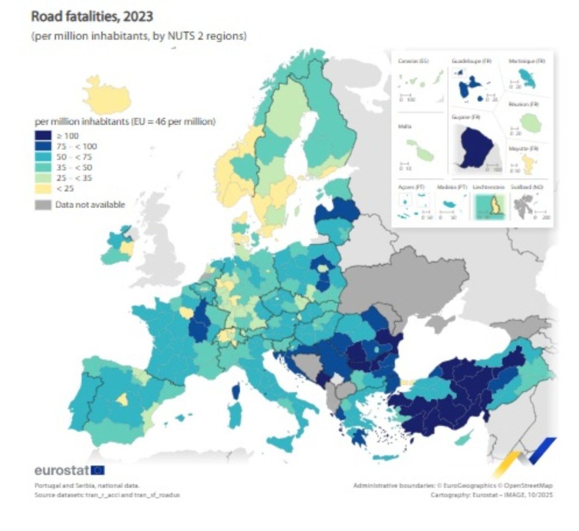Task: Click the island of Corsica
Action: [236, 391]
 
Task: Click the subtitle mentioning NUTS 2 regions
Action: [139, 36]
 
